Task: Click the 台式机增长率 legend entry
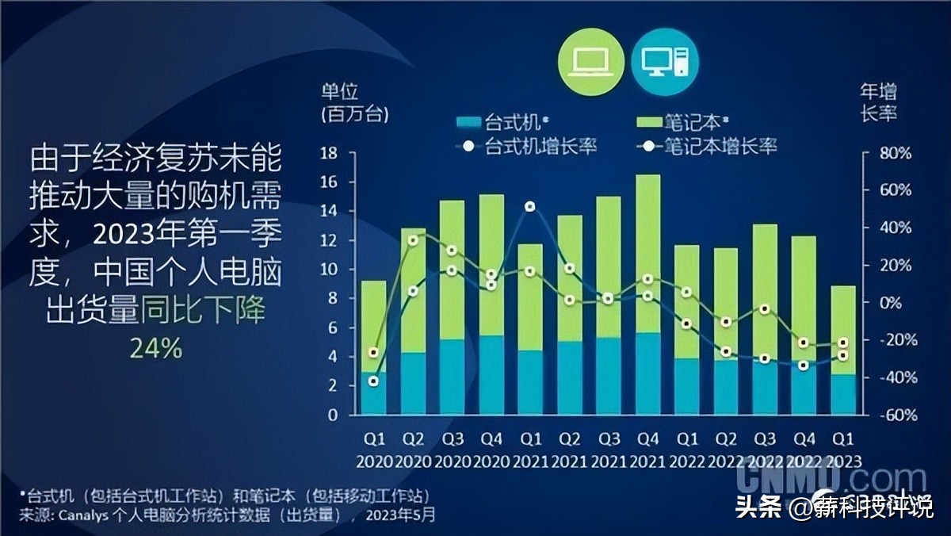click(527, 146)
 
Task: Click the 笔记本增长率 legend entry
click(709, 146)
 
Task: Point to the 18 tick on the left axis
click(330, 153)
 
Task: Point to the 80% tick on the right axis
click(896, 153)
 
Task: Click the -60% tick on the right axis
click(896, 415)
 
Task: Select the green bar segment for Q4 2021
click(647, 254)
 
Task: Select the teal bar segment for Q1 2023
click(843, 394)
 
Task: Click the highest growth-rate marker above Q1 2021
click(530, 207)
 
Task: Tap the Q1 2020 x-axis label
click(374, 449)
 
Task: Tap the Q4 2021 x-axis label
click(647, 449)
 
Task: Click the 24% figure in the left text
click(155, 348)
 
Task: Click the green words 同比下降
click(204, 310)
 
